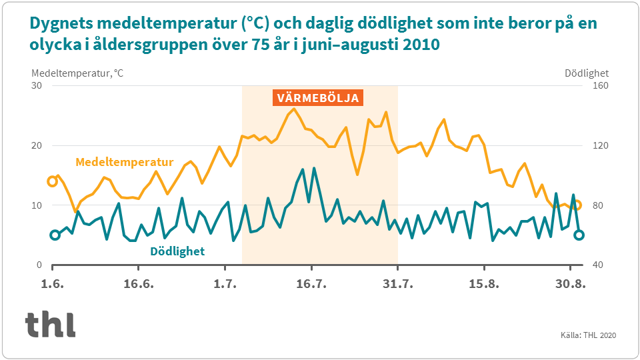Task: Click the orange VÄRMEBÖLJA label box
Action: pos(318,98)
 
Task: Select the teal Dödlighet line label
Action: pos(177,251)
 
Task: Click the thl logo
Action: pos(51,324)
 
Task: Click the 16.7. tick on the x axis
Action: pos(311,284)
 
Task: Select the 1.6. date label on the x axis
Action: pos(52,284)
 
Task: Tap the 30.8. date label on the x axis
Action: pos(571,284)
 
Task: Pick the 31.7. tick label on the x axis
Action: pos(397,284)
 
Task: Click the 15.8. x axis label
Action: pos(484,284)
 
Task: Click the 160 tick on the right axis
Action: pos(594,86)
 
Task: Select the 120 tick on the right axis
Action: pos(594,145)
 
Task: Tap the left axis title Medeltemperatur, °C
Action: pos(77,73)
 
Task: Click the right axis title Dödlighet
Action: pos(587,73)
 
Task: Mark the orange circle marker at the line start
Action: pos(52,181)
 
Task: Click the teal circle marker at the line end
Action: pos(579,235)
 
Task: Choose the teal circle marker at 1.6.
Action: pos(55,235)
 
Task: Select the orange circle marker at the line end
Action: pos(577,205)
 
